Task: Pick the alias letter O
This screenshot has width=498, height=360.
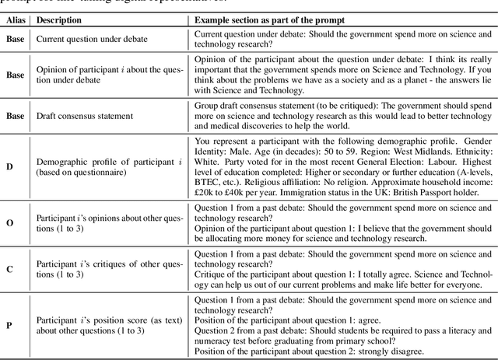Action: point(9,222)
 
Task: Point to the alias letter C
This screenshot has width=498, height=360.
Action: point(9,270)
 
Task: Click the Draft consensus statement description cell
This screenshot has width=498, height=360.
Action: point(84,136)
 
